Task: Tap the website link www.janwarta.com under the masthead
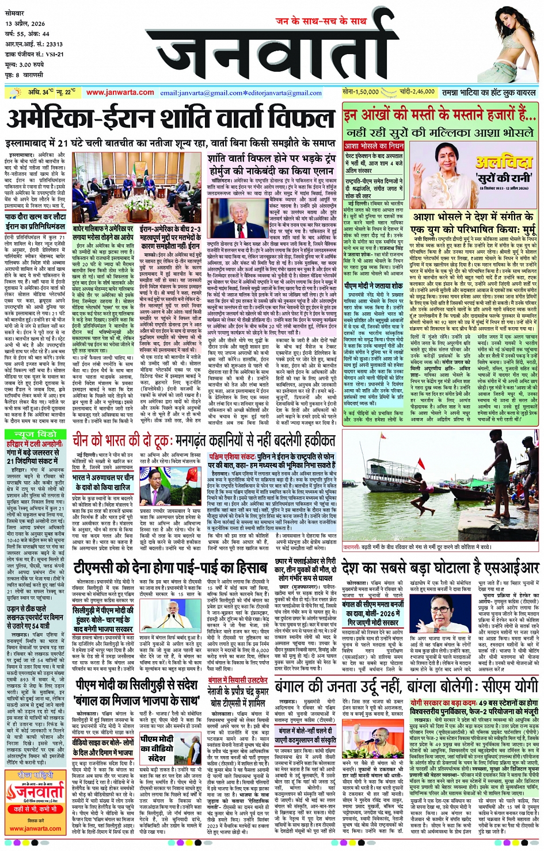coord(120,92)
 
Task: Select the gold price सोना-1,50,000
coord(360,92)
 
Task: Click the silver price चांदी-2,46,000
coord(417,92)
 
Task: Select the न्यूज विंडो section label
coord(36,434)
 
